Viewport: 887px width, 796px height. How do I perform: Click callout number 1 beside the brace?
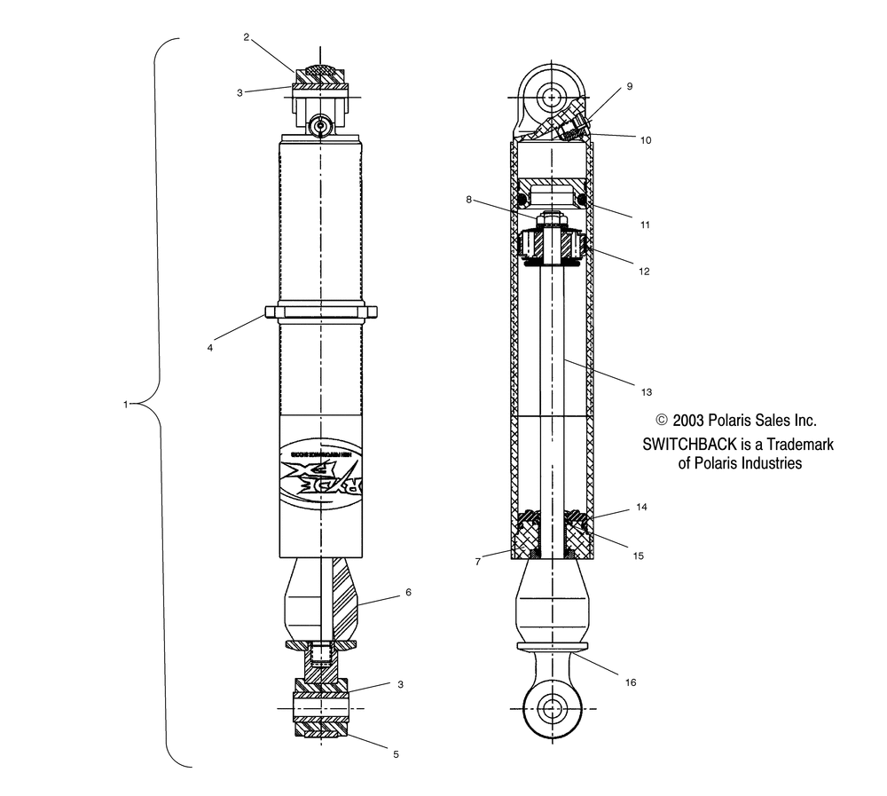126,405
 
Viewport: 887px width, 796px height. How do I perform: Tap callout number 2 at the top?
247,37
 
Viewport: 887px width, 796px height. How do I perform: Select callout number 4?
210,348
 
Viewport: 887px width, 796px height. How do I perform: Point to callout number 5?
396,754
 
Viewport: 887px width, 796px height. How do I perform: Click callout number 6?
408,592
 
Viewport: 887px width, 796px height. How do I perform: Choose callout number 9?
629,86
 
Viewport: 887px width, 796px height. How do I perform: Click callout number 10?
645,139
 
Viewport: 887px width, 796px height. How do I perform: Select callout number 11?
645,225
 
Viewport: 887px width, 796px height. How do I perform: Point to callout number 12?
645,272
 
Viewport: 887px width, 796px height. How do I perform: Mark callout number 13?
645,391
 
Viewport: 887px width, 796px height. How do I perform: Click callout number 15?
638,556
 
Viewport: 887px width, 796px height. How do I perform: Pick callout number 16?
631,682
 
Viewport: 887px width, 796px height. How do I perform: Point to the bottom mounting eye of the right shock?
552,710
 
